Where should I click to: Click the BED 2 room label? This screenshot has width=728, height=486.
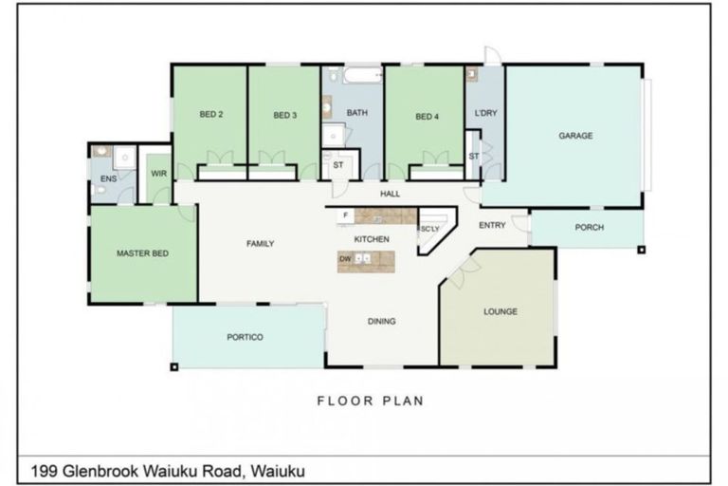click(210, 115)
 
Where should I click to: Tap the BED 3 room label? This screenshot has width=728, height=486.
click(285, 115)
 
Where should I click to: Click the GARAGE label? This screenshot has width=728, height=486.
click(575, 136)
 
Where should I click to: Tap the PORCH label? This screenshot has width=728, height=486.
click(589, 228)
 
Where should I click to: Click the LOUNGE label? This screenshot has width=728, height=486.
click(500, 311)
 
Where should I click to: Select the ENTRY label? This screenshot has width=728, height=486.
click(492, 225)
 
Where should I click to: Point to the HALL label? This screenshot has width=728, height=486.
click(391, 194)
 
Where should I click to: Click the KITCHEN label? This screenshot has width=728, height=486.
click(372, 239)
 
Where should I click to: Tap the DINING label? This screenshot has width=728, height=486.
click(381, 321)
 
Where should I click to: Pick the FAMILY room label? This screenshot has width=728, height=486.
click(260, 244)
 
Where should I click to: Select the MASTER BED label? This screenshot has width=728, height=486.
click(141, 253)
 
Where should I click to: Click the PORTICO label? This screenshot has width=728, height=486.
click(245, 337)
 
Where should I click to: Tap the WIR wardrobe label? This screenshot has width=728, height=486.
click(157, 174)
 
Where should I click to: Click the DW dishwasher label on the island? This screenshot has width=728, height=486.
click(345, 258)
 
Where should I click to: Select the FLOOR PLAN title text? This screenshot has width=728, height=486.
click(370, 401)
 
